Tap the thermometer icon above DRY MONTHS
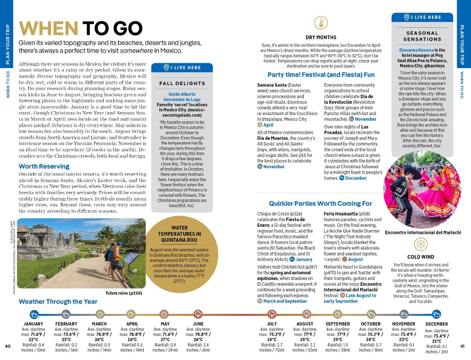321,23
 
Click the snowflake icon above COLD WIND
421,244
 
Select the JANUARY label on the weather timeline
34,324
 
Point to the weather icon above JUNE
198,314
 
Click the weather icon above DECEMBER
437,314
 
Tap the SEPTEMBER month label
338,324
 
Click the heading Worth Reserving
44,166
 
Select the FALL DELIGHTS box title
182,83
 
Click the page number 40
8,346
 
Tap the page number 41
463,346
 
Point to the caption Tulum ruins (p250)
124,293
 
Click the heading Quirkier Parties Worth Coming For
320,203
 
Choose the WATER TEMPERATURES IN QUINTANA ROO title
179,234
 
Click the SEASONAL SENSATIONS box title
422,36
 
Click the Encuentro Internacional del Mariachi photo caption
423,232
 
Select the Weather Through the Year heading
58,301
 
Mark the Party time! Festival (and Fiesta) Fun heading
321,74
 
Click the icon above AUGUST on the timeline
305,314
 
